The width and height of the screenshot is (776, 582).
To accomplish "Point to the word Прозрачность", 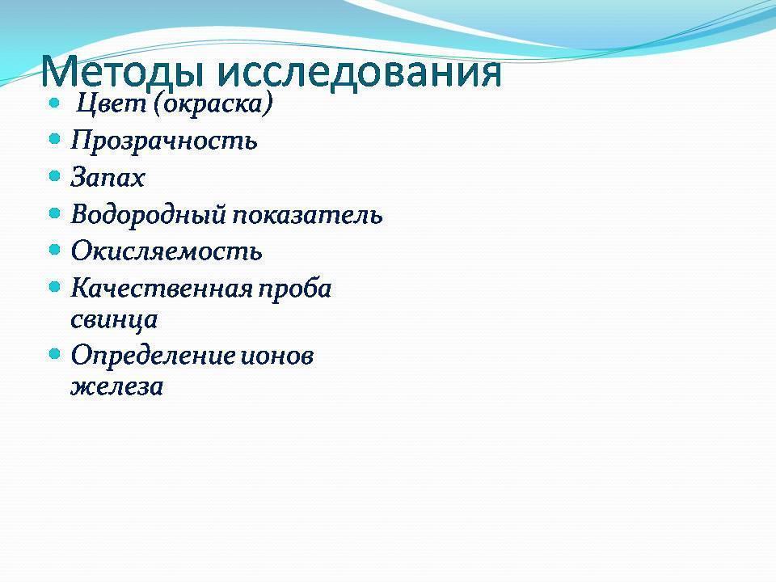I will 164,141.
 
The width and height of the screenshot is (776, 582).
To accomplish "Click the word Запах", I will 108,178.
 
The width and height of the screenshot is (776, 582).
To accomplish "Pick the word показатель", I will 309,216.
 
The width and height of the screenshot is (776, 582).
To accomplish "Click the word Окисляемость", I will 167,251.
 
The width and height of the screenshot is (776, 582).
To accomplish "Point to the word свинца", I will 114,320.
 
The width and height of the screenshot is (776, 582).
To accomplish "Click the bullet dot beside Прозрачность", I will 55,139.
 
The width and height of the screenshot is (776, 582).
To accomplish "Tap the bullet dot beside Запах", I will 55,175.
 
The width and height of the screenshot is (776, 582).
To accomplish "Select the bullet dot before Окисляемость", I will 55,249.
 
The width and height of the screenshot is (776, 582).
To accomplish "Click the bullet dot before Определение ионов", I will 55,353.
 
